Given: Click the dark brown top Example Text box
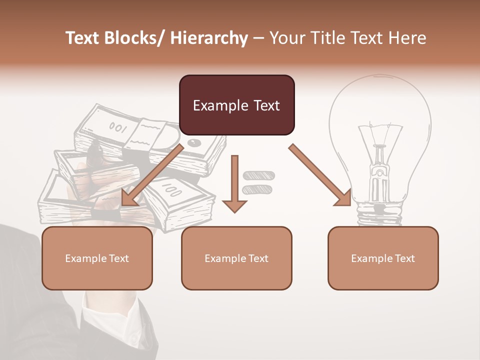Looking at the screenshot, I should coord(236,105).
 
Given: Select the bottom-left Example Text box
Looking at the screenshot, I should coord(97,258).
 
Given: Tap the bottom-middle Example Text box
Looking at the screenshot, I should coord(236,258).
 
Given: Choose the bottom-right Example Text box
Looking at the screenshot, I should coord(383,258).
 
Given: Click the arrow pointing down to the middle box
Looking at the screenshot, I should coord(234,185).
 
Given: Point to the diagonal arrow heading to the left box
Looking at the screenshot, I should coord(150,175).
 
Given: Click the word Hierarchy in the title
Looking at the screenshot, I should coord(209,38).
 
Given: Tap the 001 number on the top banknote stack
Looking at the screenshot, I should coord(117,127).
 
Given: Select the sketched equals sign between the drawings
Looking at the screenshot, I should coord(258,182).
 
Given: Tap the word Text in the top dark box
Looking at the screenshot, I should coord(261,105).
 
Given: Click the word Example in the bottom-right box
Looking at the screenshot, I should coord(369,258).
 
